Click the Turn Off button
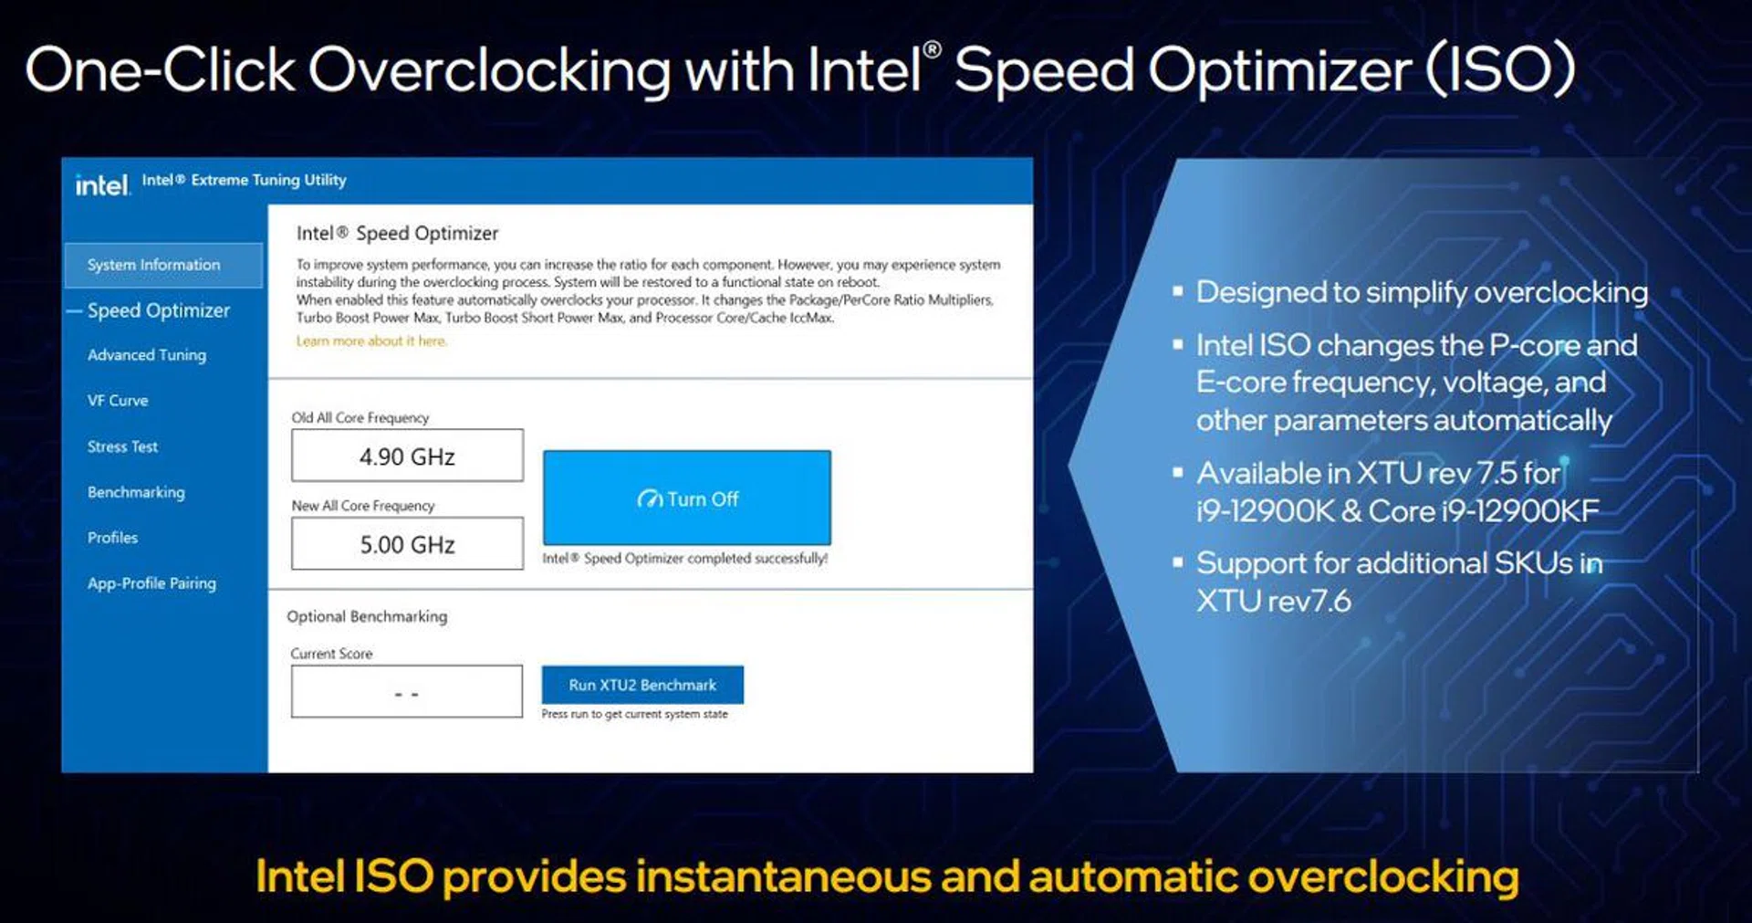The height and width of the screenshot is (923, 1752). [686, 498]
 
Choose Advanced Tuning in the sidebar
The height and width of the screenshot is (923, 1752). [147, 355]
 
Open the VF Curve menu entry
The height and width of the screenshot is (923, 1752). [118, 400]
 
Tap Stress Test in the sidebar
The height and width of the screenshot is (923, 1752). [122, 446]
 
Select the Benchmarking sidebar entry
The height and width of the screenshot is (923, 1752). [136, 492]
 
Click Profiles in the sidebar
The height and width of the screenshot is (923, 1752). [112, 538]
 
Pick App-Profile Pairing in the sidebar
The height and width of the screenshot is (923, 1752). [151, 583]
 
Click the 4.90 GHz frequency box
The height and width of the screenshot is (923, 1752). [407, 456]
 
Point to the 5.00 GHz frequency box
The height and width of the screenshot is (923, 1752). [407, 544]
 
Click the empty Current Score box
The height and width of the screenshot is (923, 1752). [407, 691]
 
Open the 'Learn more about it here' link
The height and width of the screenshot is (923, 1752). [371, 341]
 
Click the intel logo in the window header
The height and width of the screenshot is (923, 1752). [102, 185]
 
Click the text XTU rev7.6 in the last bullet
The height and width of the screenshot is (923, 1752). [1274, 601]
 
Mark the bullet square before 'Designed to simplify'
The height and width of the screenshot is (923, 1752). [1178, 291]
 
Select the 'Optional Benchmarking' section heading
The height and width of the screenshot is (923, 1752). [367, 616]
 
